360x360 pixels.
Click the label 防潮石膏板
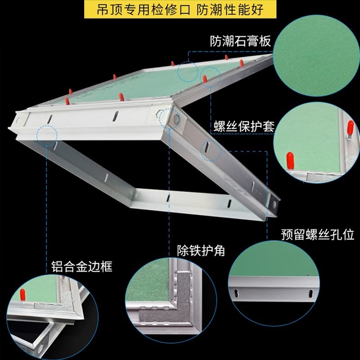pyautogui.click(x=241, y=41)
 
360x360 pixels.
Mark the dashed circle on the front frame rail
pyautogui.click(x=47, y=134)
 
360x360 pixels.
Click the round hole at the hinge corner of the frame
pyautogui.click(x=172, y=118)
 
